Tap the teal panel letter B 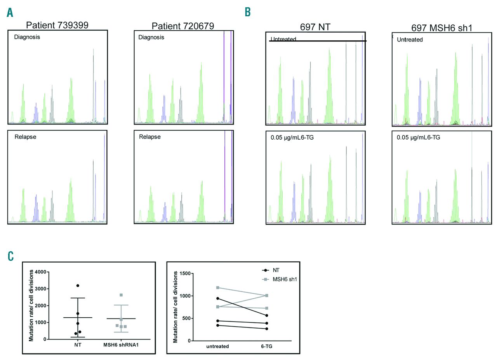(247, 12)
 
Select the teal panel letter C (10, 256)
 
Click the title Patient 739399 (57, 25)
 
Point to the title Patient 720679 (183, 26)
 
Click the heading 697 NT (315, 27)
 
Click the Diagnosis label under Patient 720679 (151, 37)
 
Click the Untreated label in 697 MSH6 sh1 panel (410, 40)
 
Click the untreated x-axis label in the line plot (217, 346)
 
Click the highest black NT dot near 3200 (78, 286)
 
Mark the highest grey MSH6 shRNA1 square (121, 295)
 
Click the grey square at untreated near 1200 (218, 287)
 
